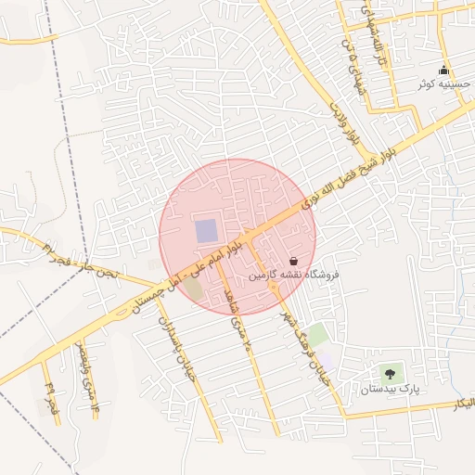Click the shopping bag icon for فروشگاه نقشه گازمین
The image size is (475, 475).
(294, 262)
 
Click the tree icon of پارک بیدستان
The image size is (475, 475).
(390, 375)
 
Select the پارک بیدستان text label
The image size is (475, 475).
(392, 390)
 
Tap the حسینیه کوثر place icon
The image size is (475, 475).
(444, 71)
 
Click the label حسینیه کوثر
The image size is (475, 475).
(444, 84)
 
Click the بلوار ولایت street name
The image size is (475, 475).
(343, 124)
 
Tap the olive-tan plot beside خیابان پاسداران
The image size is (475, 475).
(195, 288)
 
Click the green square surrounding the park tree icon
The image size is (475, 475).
(390, 375)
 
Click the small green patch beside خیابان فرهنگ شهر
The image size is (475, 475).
(318, 335)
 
